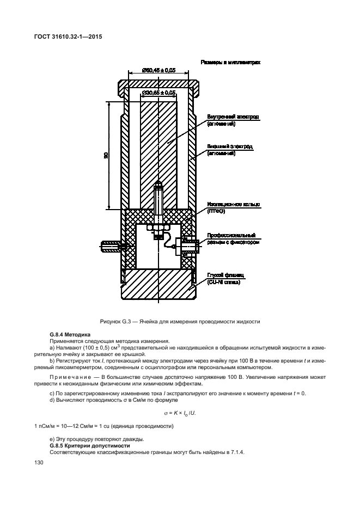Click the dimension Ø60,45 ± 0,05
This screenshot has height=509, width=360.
click(158, 70)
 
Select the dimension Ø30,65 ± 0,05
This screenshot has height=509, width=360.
click(158, 93)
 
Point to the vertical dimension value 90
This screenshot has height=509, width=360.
click(107, 155)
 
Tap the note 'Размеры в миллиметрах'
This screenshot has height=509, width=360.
click(230, 63)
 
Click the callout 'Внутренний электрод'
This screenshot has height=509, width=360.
click(233, 117)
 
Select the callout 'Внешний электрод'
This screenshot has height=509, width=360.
click(230, 146)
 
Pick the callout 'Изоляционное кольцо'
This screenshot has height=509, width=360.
click(233, 204)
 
